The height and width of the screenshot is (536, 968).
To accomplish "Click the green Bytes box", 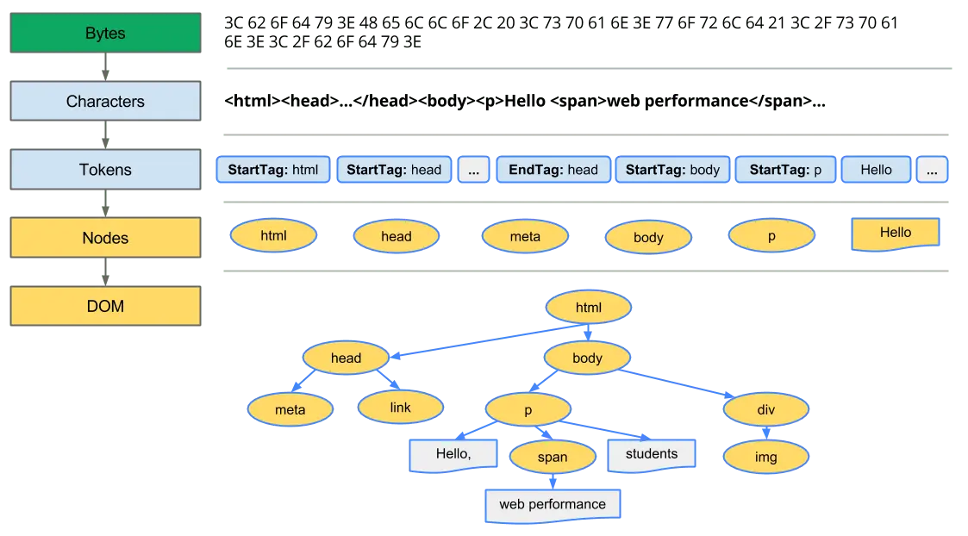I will click(x=104, y=34).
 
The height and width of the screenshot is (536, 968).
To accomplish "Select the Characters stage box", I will click(x=104, y=102).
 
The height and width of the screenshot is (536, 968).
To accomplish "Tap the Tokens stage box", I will click(x=104, y=170).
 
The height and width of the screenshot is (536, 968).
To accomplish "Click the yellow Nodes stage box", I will click(x=104, y=238).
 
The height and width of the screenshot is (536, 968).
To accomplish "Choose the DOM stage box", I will click(x=104, y=306).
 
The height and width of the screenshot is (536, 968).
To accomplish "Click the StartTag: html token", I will click(x=273, y=170).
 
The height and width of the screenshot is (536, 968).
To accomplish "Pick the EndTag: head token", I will click(x=553, y=170).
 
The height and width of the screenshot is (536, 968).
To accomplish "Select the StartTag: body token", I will click(x=672, y=170).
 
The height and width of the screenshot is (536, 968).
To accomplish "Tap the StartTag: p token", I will click(x=785, y=170).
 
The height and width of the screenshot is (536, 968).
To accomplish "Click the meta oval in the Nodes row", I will click(x=525, y=236).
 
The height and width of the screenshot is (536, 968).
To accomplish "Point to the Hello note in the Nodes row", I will click(x=895, y=233).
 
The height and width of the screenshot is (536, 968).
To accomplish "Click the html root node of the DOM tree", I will click(x=589, y=308).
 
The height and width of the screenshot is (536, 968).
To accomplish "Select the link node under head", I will click(x=401, y=407).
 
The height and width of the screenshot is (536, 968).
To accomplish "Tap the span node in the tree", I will click(x=553, y=457).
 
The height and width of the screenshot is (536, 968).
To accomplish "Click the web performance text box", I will click(x=552, y=504).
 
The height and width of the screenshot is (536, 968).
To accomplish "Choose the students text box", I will click(x=652, y=454).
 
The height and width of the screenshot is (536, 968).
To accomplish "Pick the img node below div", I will click(x=765, y=457).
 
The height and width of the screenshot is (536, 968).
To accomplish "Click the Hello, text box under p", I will click(x=453, y=454).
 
